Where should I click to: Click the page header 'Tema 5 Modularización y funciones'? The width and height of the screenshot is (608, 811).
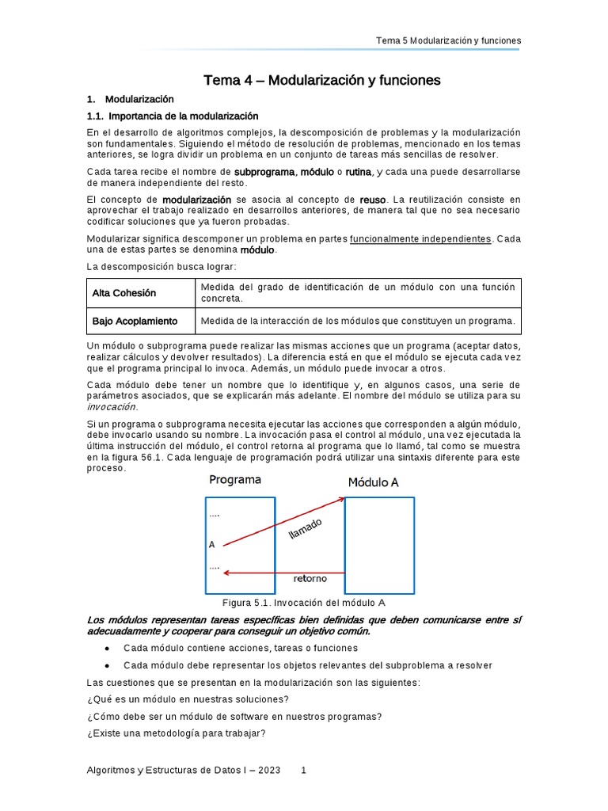tap(447, 40)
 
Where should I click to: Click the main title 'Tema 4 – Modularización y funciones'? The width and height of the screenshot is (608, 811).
tap(321, 80)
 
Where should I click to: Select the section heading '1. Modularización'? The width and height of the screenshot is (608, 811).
tap(130, 99)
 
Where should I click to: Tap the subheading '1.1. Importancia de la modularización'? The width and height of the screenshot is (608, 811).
tap(173, 116)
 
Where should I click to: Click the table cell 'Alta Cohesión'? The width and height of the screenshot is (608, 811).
tap(124, 293)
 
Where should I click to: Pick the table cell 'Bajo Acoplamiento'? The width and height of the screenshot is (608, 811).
tap(135, 321)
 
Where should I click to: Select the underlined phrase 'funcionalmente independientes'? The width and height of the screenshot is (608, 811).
tap(420, 238)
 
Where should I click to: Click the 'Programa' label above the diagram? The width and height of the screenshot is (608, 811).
tap(235, 480)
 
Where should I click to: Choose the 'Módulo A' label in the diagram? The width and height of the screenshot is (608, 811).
tap(378, 482)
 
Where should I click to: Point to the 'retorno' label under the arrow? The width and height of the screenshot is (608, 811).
tap(310, 578)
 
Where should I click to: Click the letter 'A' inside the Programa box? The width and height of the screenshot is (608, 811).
tap(211, 545)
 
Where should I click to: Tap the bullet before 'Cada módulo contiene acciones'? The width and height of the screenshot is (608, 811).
tap(107, 648)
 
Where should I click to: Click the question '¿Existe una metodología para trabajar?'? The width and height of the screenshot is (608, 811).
tap(176, 733)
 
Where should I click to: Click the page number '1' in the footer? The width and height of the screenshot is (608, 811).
tap(303, 770)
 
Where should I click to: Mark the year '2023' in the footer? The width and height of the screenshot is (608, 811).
tap(269, 770)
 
